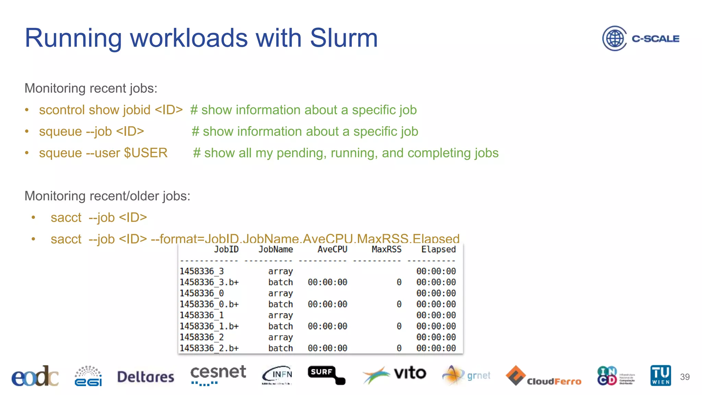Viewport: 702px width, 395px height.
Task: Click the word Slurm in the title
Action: tap(343, 38)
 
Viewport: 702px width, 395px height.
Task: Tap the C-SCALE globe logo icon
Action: tap(615, 38)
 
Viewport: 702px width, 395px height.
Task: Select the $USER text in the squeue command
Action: tap(146, 153)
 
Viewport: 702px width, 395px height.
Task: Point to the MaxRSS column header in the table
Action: tap(386, 249)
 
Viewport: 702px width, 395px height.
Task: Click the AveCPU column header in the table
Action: tap(332, 249)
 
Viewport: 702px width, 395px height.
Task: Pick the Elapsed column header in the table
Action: tap(438, 249)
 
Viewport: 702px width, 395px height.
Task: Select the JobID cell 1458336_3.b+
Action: tap(209, 282)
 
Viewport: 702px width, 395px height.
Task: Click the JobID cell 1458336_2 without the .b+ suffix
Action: tap(202, 337)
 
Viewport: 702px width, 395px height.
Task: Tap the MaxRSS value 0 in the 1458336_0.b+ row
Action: tap(399, 304)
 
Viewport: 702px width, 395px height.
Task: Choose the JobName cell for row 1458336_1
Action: tap(280, 315)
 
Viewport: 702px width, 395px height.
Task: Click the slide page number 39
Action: tap(685, 377)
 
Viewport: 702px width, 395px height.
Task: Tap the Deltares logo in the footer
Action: tap(146, 377)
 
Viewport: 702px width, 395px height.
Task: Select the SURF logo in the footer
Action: tap(326, 375)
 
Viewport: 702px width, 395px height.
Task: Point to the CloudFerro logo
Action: tap(543, 376)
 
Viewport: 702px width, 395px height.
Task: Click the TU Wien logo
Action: tap(661, 375)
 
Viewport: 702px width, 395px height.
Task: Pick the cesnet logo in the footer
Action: tap(218, 375)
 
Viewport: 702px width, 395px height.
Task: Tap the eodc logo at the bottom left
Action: tap(35, 376)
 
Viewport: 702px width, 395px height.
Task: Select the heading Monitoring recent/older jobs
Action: tap(107, 196)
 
